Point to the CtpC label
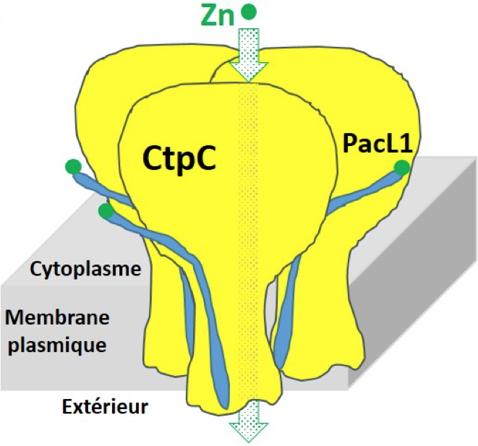(179, 158)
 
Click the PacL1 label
(377, 145)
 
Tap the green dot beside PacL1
(401, 168)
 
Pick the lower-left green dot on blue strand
(106, 211)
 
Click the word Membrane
(56, 317)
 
